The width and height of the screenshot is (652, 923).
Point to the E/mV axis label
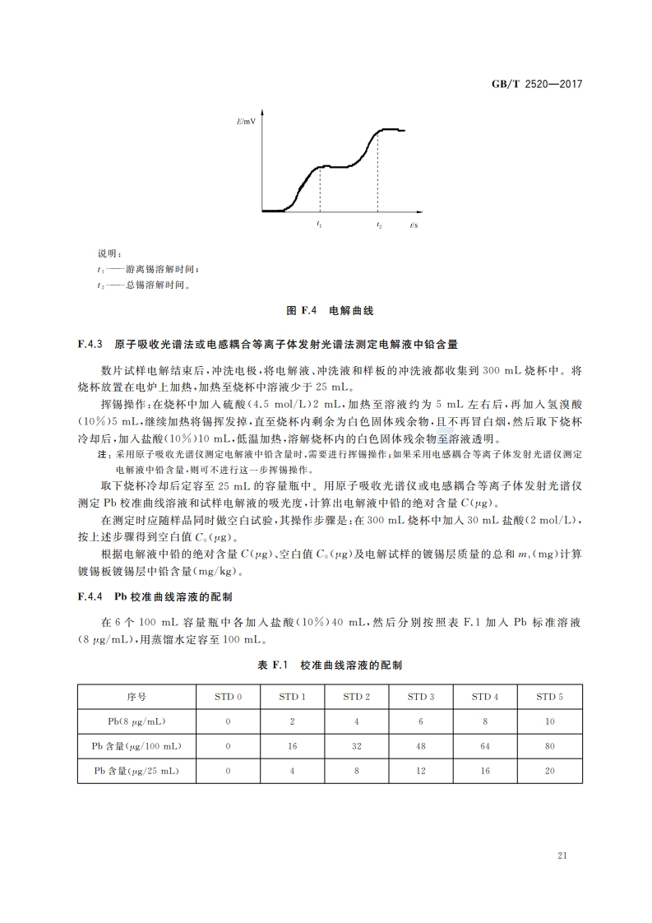pos(246,122)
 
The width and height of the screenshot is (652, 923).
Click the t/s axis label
pos(414,224)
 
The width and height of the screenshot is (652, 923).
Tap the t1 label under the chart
pos(319,224)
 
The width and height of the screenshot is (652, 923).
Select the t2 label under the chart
pos(378,224)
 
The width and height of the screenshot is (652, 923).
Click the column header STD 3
pos(422,696)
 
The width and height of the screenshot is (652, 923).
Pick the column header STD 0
pos(228,696)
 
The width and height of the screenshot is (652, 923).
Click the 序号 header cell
pos(136,696)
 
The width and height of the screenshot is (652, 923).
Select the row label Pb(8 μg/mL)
pos(136,721)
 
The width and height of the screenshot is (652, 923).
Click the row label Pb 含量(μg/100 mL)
pos(136,745)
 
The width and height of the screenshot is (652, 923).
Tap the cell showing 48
pos(422,745)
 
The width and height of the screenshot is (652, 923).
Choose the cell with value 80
pos(550,745)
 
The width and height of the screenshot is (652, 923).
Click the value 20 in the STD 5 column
pos(550,771)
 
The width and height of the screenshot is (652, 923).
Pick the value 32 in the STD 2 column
pos(357,745)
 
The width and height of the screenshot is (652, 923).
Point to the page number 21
pos(562,856)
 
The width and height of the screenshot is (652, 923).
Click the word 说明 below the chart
pos(109,253)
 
